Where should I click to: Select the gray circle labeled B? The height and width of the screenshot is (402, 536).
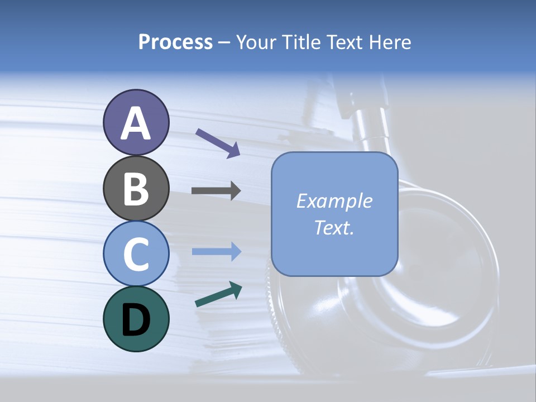136,188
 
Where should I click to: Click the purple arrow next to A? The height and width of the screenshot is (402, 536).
218,143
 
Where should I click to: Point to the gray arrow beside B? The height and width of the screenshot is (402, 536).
216,191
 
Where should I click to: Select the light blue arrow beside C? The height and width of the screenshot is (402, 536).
216,252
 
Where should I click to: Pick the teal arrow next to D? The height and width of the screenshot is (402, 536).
218,294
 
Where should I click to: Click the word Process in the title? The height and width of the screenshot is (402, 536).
175,42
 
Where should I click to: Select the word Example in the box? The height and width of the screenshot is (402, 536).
334,201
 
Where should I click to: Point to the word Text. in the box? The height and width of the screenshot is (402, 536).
334,227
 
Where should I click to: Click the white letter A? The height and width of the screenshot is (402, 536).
136,124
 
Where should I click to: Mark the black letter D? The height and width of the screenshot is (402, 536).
136,320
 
